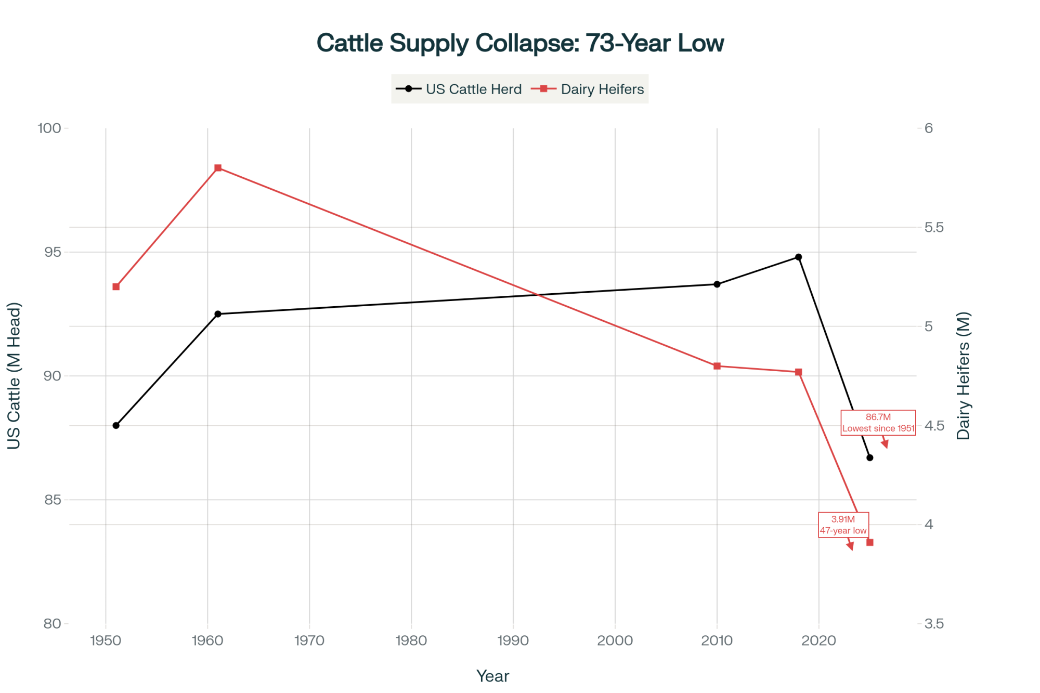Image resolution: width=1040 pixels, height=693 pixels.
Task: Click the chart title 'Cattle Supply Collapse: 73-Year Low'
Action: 520,43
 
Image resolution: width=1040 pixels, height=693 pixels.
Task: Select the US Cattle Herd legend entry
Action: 459,89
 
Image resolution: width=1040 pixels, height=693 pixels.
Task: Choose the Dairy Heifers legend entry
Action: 588,89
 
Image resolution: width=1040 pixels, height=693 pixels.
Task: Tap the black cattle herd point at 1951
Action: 116,425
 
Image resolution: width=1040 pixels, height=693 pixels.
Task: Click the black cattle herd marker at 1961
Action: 218,314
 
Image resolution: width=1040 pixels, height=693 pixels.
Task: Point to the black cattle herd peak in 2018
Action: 798,257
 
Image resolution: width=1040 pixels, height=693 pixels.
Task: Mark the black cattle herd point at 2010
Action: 717,284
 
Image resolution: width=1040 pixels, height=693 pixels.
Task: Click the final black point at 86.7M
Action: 869,457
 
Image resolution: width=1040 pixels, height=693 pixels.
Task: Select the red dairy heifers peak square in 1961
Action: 218,168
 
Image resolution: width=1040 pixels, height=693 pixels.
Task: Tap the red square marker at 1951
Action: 116,287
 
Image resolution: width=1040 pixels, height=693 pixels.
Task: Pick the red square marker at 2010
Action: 717,366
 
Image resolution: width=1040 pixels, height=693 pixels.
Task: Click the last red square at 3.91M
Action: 869,542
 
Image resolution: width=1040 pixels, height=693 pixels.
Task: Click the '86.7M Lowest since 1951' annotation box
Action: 878,423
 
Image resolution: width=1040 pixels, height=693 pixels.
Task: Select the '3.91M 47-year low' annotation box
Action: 843,525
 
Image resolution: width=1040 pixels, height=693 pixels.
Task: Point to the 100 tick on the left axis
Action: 49,128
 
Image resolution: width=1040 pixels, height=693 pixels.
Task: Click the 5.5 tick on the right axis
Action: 934,228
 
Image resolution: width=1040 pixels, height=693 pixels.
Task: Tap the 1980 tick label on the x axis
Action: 411,640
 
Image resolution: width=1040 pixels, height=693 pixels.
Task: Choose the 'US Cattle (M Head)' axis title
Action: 14,375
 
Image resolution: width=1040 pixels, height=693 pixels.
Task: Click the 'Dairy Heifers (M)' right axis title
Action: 964,375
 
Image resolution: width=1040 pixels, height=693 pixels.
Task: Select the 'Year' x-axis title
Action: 492,676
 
